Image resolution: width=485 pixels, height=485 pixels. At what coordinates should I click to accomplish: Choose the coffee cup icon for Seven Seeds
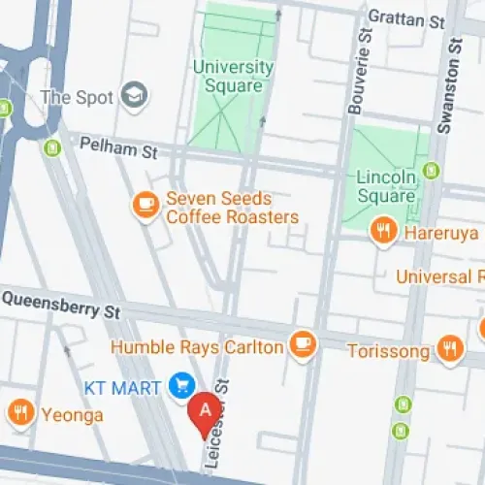145,205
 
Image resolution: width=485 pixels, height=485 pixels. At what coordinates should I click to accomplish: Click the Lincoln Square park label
386,187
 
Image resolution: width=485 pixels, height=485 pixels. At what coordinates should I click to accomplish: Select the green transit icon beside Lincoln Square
433,172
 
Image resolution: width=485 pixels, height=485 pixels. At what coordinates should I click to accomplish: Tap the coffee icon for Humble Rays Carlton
304,343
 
